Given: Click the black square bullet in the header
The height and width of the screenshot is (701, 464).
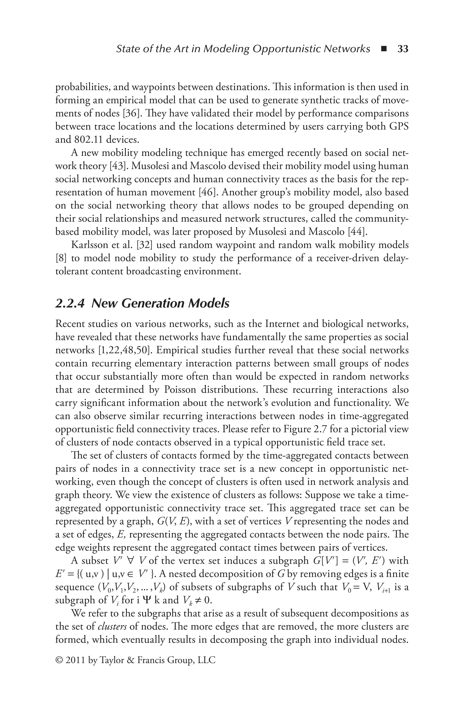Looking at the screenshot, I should coord(384,49).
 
